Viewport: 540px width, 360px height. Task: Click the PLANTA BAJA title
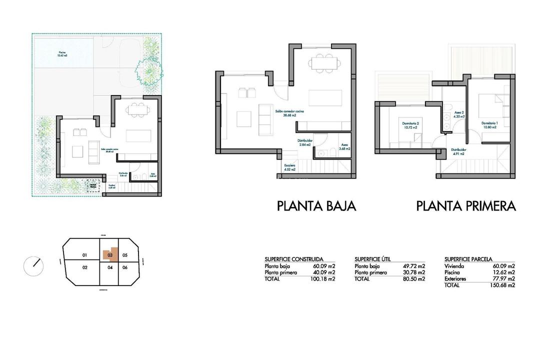click(x=316, y=206)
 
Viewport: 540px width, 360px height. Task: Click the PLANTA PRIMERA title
click(x=465, y=206)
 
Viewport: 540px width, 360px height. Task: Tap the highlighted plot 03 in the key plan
click(x=110, y=255)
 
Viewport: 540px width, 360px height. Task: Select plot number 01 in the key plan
click(x=85, y=255)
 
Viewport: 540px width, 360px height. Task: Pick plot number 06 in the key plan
click(x=125, y=267)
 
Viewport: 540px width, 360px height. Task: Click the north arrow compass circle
click(x=33, y=265)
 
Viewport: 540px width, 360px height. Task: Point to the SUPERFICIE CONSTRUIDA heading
click(x=293, y=259)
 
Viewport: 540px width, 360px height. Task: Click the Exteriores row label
click(x=455, y=278)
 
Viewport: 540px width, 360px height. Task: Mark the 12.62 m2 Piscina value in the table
click(x=504, y=272)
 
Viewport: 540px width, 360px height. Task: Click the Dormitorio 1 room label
click(x=489, y=125)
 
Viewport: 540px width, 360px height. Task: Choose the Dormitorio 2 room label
click(x=410, y=125)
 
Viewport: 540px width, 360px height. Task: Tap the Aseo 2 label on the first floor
click(x=459, y=114)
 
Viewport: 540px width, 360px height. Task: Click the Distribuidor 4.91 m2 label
click(x=459, y=151)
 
